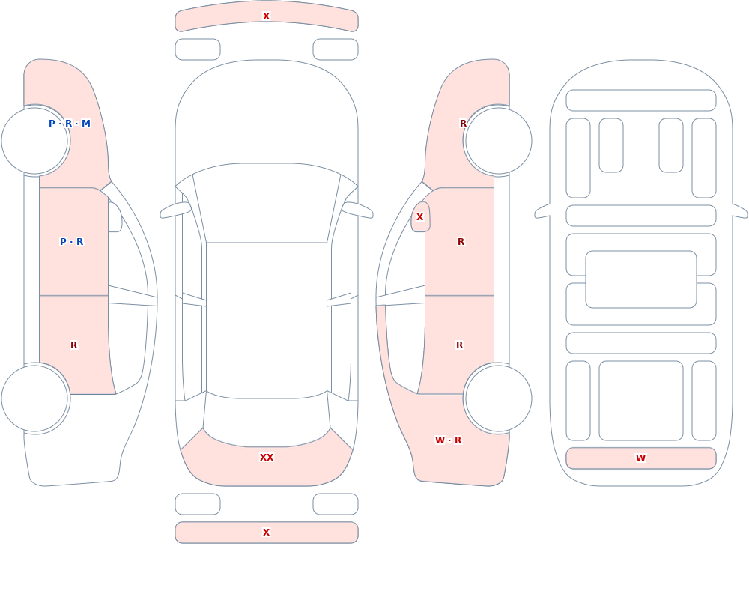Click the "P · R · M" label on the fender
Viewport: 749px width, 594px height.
(69, 124)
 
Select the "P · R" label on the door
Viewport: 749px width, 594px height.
(71, 242)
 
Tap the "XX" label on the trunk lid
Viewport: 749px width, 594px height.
(267, 458)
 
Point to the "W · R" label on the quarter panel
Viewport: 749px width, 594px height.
(448, 440)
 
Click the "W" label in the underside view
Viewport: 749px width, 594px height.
(640, 458)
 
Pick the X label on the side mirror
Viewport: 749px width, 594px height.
(420, 217)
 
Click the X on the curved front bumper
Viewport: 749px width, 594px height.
(267, 16)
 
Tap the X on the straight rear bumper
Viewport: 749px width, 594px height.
(267, 533)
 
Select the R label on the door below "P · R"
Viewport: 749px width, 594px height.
(73, 345)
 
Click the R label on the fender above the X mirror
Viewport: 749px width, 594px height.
(463, 124)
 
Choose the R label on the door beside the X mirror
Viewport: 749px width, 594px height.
(461, 242)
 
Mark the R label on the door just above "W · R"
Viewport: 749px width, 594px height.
(460, 345)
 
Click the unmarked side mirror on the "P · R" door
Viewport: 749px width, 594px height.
(115, 217)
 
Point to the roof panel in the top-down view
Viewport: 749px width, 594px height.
(267, 320)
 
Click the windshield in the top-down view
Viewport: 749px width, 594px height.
(267, 203)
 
